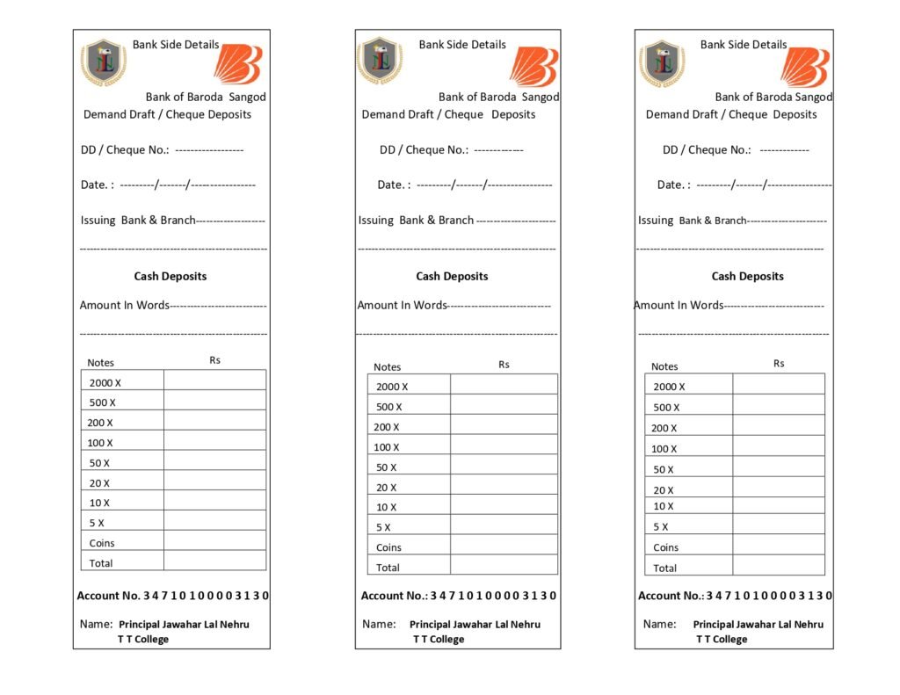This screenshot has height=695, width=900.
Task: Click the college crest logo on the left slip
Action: (x=104, y=62)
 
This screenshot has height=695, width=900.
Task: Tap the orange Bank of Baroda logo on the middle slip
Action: (x=533, y=66)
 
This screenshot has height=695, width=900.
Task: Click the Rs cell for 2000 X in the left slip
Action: (x=214, y=380)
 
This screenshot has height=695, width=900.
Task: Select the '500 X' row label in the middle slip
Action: (x=389, y=407)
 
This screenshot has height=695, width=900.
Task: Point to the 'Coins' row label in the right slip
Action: (x=666, y=547)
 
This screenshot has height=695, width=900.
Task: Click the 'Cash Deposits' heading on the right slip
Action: (x=747, y=276)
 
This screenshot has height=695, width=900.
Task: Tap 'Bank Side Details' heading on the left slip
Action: (x=176, y=45)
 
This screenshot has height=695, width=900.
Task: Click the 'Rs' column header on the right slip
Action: (x=779, y=364)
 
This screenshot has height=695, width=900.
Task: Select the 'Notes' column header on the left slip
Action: (x=101, y=363)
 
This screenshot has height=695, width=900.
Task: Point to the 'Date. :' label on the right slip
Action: (x=673, y=185)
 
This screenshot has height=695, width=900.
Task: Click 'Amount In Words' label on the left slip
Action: (x=124, y=306)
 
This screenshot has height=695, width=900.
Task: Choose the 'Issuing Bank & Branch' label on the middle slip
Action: (x=416, y=221)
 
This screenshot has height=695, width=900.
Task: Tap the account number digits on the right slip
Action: (x=769, y=596)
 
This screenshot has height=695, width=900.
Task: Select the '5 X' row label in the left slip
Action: (x=97, y=523)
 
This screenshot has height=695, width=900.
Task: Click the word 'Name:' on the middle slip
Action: (x=379, y=624)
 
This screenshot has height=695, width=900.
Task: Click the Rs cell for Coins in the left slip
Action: (x=214, y=541)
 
